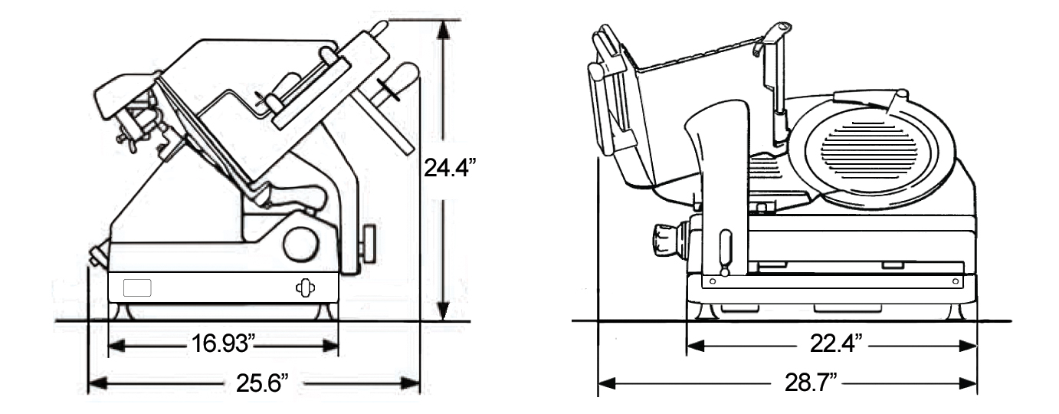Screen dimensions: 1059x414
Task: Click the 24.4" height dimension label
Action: coord(448,167)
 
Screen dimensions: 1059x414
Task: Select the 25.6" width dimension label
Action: coord(262,383)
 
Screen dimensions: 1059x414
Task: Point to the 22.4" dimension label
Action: coord(836,343)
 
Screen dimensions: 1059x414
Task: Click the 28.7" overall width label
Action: coord(811,383)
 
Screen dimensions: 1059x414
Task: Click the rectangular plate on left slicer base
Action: coord(137,287)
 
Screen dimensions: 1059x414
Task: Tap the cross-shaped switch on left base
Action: coord(306,287)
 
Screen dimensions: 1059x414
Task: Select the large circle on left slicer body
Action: coord(300,244)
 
